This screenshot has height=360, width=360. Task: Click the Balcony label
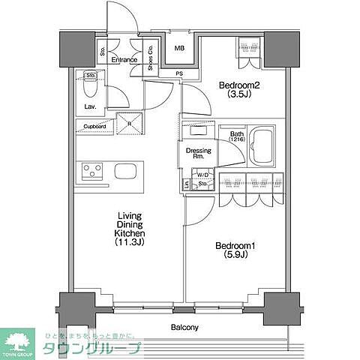coord(183,328)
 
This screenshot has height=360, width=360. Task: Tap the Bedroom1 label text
coord(232,246)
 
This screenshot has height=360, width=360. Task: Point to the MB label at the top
coord(180,49)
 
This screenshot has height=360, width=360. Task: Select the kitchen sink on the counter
coord(127,171)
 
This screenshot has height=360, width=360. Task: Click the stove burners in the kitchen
coord(91,171)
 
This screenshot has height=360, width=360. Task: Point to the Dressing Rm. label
coord(199,154)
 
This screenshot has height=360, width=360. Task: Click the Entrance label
coord(124,60)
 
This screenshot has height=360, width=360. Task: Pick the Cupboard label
coord(94,127)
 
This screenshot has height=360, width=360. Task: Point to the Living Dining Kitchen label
coord(129,229)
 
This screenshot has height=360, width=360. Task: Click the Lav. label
coord(88,106)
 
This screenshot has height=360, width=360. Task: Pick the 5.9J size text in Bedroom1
coord(232,255)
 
